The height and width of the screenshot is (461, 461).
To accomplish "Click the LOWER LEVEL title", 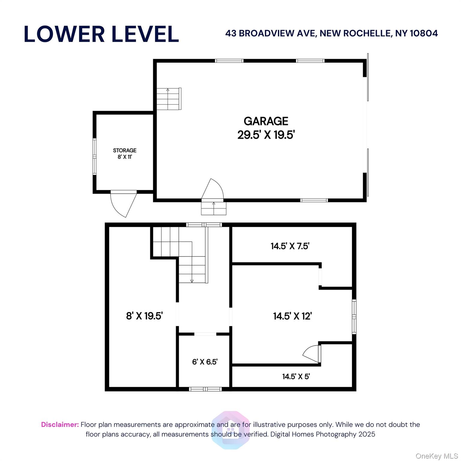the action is [x=101, y=34].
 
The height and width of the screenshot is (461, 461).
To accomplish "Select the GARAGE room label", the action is [x=266, y=121].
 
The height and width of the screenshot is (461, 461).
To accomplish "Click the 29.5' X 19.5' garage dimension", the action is [x=266, y=135].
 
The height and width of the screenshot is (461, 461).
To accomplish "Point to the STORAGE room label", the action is [x=125, y=150].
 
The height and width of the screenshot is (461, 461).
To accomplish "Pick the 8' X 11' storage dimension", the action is [x=125, y=157].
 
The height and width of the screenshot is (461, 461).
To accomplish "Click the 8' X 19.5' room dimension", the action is [x=144, y=316].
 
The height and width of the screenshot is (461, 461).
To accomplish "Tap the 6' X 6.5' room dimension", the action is [x=205, y=362].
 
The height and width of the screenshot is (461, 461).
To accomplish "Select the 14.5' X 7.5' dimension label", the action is [x=290, y=246].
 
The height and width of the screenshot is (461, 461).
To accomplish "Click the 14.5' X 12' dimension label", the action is [x=293, y=316].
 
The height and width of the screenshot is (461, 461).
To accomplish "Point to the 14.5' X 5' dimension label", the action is [x=296, y=376].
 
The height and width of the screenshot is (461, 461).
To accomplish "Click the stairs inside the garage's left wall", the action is [x=169, y=99].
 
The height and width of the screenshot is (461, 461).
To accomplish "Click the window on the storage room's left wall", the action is [x=95, y=156].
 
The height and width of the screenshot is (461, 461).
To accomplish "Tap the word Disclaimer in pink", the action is [x=60, y=424].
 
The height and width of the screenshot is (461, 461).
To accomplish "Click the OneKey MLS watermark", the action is [x=437, y=456].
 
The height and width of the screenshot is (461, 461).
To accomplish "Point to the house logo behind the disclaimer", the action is [x=230, y=430].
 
